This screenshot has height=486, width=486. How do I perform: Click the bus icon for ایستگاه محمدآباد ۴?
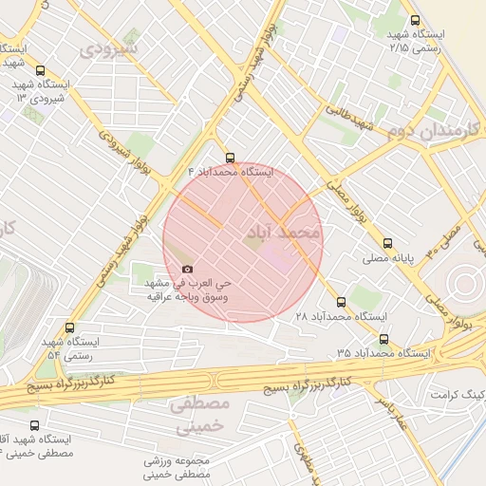[229, 159]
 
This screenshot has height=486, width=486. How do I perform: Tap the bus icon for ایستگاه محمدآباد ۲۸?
[342, 302]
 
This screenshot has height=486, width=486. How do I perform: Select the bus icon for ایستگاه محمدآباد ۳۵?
[383, 339]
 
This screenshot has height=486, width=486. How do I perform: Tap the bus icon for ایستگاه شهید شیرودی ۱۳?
[39, 70]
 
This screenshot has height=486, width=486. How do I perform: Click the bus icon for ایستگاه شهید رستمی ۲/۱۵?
[414, 20]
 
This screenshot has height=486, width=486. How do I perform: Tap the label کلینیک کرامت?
[459, 393]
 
